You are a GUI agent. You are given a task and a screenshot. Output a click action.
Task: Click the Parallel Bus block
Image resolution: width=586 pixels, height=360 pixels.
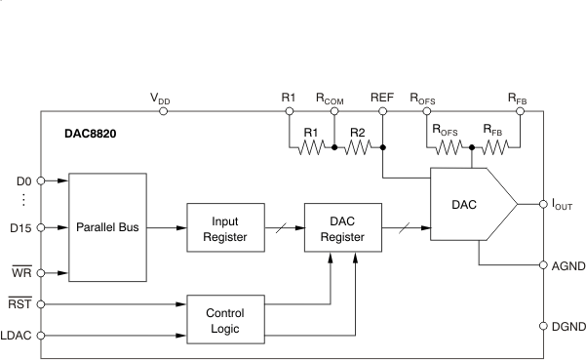tap(108, 227)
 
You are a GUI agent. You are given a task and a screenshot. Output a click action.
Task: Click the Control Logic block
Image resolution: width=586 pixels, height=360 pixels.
tap(223, 320)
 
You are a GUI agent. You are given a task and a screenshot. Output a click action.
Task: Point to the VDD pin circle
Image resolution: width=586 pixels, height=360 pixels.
tap(163, 111)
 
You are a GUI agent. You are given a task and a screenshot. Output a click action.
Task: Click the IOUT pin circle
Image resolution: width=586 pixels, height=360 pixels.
tap(542, 205)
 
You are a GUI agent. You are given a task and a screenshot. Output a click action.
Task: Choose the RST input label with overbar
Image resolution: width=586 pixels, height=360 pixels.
tap(20, 304)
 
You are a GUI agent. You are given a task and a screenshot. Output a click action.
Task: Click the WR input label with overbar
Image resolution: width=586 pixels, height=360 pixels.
tap(20, 273)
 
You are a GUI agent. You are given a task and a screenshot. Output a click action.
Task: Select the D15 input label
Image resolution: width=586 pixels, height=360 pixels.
tap(20, 227)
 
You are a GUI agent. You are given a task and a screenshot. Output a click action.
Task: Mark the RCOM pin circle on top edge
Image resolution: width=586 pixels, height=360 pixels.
tap(333, 111)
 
